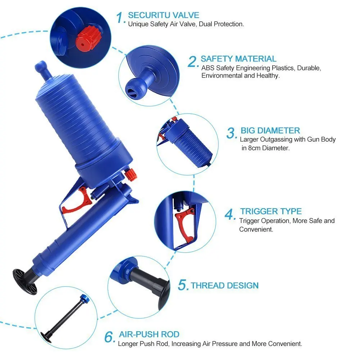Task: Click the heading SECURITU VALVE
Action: point(163,15)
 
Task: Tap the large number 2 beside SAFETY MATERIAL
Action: point(193,61)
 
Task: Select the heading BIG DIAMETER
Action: point(270,131)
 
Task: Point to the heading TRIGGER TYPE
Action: point(271,211)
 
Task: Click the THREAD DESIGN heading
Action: point(224,286)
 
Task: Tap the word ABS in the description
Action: point(208,68)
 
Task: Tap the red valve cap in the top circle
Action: point(87,38)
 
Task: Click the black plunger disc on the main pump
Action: point(24,281)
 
